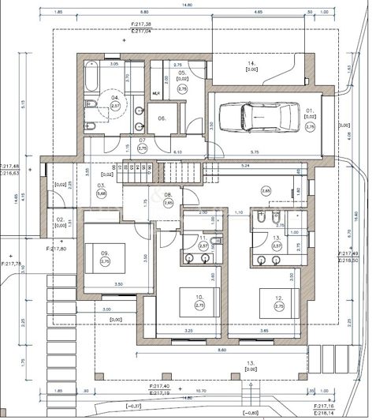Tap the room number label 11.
pos(203,238)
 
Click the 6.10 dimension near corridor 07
pos(177,152)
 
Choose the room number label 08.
pos(168,194)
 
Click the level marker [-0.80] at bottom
pos(251,412)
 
